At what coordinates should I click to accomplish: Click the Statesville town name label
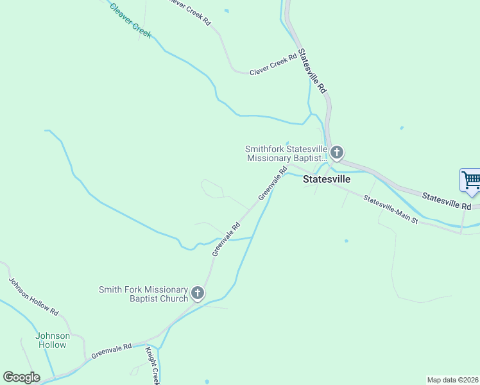tap(327, 180)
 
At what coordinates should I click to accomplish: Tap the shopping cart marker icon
tap(470, 180)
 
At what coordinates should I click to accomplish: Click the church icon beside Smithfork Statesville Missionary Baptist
tap(337, 153)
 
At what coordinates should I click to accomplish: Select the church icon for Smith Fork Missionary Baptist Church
tap(198, 294)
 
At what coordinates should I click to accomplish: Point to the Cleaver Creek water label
tap(130, 21)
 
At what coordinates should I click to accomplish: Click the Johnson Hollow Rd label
tap(33, 296)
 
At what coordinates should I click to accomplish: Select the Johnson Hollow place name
tap(51, 340)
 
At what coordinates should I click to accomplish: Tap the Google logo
tap(21, 377)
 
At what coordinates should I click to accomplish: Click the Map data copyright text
tap(452, 380)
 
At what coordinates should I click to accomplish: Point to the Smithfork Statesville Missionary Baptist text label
tap(286, 153)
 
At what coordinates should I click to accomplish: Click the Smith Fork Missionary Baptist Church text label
tap(143, 294)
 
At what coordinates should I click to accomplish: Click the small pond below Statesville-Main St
tap(346, 241)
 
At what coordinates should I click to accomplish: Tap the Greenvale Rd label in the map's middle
tap(227, 239)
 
